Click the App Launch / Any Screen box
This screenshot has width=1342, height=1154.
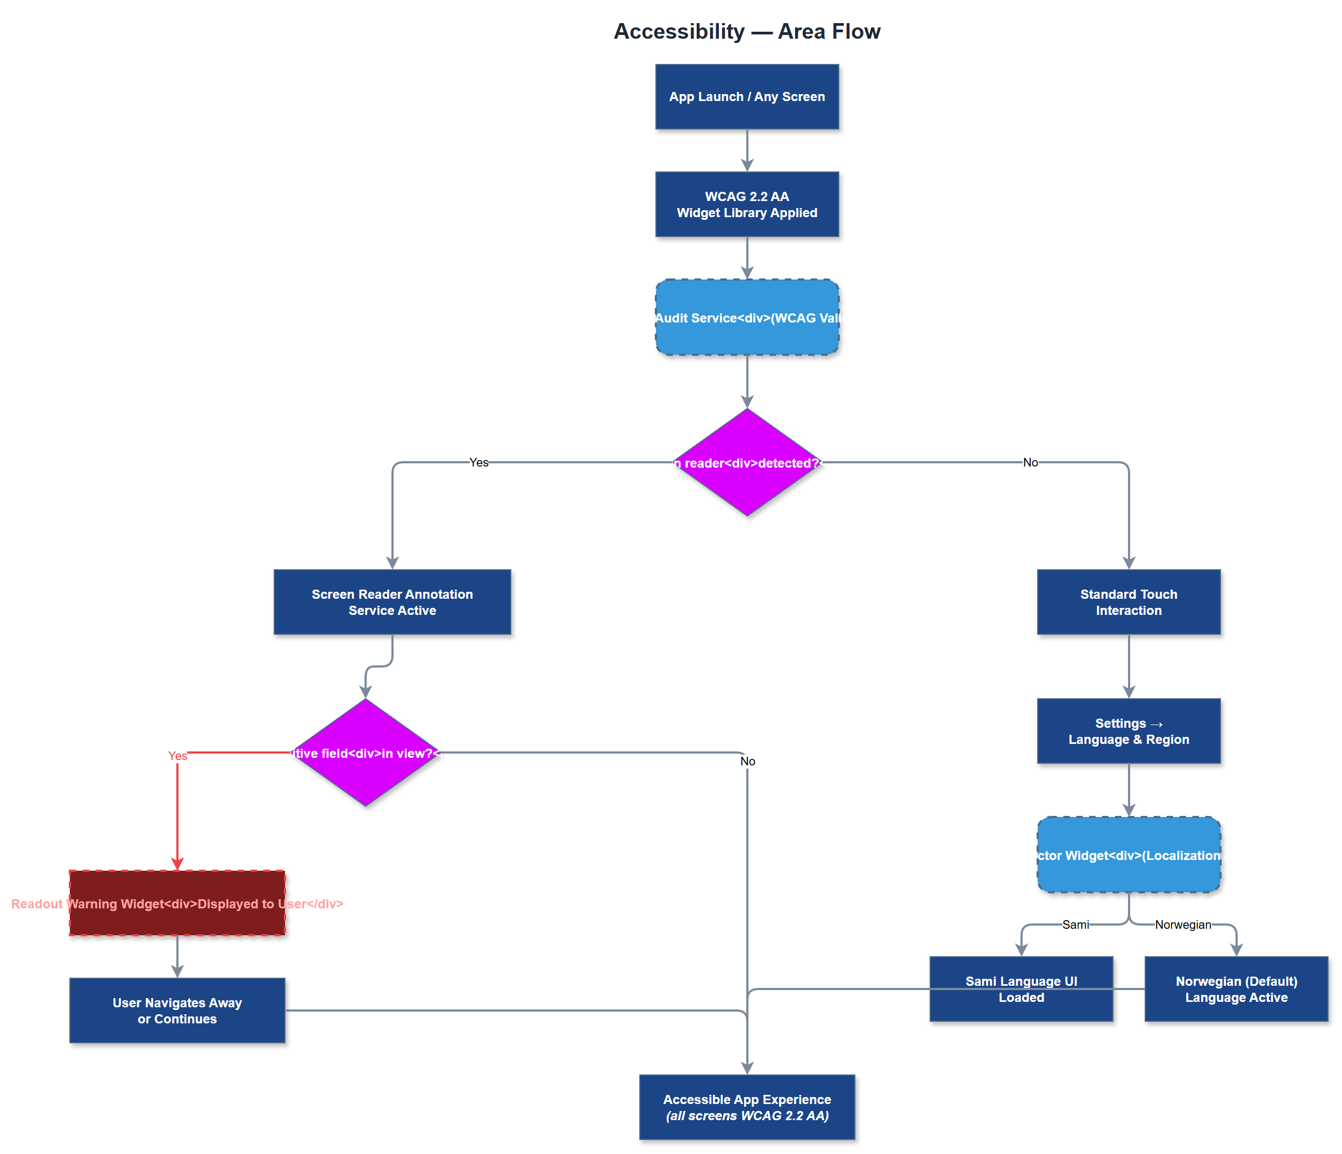click(x=747, y=97)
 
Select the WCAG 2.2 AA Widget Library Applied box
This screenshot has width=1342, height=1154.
click(x=747, y=204)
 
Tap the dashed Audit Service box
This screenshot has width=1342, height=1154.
click(x=747, y=317)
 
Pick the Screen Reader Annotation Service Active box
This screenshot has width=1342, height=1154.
click(x=392, y=601)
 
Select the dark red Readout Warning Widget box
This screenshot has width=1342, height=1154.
click(x=177, y=903)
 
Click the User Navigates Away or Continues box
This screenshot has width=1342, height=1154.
click(x=177, y=1010)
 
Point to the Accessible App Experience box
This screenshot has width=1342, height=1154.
click(x=747, y=1107)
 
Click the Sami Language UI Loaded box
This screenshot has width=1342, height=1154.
click(x=1021, y=989)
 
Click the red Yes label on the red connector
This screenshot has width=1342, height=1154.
click(x=177, y=756)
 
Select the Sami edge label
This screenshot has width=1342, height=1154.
click(x=1075, y=924)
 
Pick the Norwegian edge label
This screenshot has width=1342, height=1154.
click(x=1183, y=924)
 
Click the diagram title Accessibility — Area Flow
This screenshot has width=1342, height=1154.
click(x=747, y=31)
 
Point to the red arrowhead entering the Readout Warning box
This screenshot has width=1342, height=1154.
click(x=177, y=864)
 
